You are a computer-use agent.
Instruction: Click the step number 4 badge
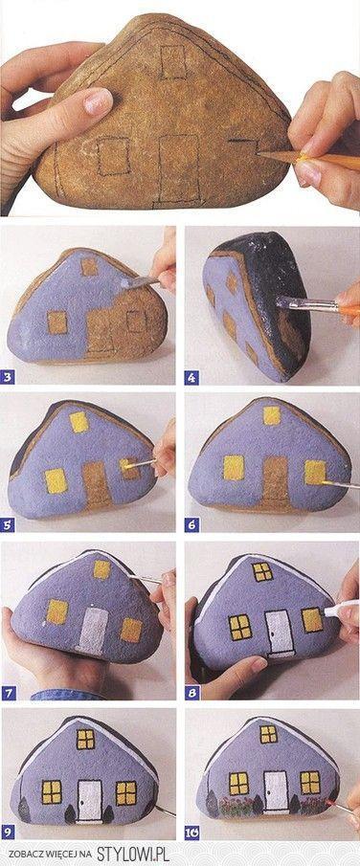pyautogui.click(x=191, y=378)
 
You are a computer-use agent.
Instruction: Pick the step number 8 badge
pyautogui.click(x=191, y=691)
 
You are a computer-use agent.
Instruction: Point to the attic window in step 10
pyautogui.click(x=269, y=735)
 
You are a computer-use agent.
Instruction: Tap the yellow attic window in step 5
pyautogui.click(x=79, y=421)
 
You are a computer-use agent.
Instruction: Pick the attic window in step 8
pyautogui.click(x=262, y=572)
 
